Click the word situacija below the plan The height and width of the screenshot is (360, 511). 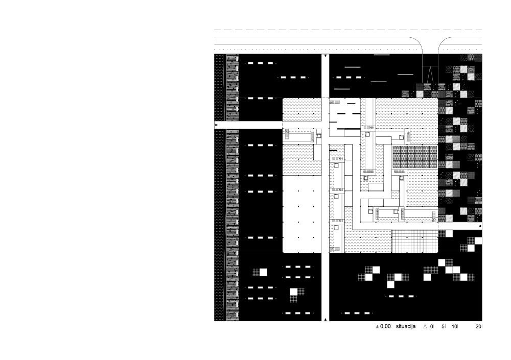(x=406, y=326)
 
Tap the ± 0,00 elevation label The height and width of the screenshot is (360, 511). (x=383, y=326)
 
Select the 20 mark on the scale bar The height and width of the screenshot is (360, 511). (x=478, y=326)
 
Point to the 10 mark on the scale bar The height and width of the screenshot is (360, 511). (x=454, y=326)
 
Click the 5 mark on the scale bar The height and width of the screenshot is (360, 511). (x=443, y=326)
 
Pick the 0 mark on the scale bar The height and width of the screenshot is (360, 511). (x=431, y=326)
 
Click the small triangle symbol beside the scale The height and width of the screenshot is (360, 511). (x=425, y=326)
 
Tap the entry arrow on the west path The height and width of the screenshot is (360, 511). (x=216, y=125)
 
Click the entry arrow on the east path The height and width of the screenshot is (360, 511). (x=479, y=226)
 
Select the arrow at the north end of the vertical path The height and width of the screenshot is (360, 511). (x=325, y=57)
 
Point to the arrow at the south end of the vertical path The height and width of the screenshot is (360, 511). (x=325, y=319)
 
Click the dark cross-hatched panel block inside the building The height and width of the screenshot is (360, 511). (x=414, y=157)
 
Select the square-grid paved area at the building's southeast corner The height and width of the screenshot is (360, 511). (x=414, y=242)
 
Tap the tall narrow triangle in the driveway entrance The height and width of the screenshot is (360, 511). (x=430, y=74)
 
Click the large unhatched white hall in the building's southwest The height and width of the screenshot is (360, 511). (x=302, y=214)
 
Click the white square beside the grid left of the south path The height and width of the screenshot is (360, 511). (x=263, y=272)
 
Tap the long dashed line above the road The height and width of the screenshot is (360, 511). (x=348, y=30)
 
